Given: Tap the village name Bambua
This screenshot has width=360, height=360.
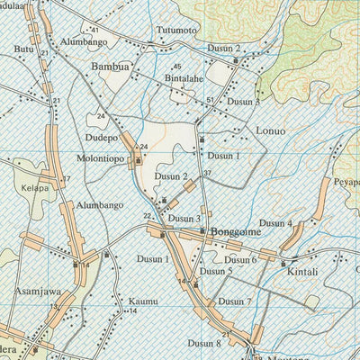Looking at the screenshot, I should tap(110, 67).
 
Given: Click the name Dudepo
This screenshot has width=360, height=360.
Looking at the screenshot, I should tap(102, 139).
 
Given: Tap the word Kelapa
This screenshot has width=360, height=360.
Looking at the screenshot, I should tap(31, 188).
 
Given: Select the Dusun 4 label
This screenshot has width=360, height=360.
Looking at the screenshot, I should tap(275, 223).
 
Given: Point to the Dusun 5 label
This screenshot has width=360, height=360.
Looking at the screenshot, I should tap(217, 270).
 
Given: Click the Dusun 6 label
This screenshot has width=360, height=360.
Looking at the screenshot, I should tap(241, 260).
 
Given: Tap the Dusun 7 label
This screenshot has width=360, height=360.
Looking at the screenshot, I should tap(235, 301).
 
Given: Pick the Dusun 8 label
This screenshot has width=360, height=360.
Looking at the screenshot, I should tap(204, 342).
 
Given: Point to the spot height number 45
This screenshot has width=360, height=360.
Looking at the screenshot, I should tap(177, 67).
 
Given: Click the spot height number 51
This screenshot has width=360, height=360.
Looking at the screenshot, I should tap(211, 100).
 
